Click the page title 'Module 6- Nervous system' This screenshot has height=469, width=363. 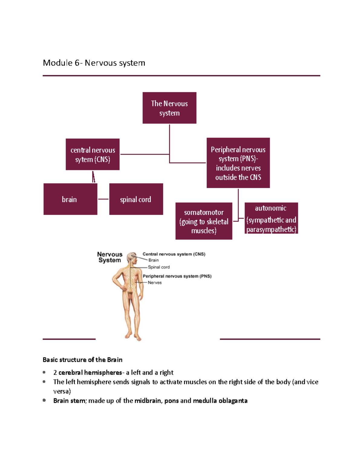(94, 63)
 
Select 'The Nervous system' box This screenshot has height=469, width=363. (169, 108)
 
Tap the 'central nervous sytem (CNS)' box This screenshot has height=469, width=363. (93, 154)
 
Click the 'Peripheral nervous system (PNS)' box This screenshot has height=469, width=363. (238, 163)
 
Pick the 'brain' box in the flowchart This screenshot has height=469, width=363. (70, 199)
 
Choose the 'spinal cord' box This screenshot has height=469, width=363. (136, 199)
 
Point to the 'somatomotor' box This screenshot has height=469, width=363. (204, 221)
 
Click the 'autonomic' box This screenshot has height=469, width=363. (271, 218)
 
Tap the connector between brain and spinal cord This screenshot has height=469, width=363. (103, 199)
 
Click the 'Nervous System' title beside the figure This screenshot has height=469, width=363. (110, 257)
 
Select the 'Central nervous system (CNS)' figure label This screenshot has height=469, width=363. (174, 254)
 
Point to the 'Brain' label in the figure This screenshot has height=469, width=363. (153, 260)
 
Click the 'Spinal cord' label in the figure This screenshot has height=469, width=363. (159, 267)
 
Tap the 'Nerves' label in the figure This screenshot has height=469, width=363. (155, 283)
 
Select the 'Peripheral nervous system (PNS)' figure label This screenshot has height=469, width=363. (177, 276)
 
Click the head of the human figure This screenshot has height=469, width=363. (132, 257)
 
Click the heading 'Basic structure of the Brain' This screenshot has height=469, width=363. (82, 360)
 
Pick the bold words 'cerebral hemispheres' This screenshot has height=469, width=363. (90, 372)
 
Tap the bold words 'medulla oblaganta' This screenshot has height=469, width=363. (220, 401)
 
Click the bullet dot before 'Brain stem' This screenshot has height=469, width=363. (44, 400)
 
